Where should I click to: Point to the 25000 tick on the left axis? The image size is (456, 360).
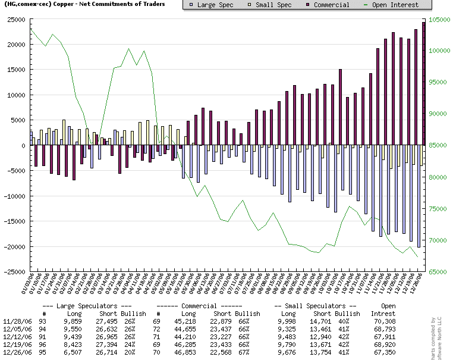12,20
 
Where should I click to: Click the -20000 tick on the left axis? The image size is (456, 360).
12,247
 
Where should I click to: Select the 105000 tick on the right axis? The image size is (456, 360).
441,20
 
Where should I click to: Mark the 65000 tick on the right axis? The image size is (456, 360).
439,272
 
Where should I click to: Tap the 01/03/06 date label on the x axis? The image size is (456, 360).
25,285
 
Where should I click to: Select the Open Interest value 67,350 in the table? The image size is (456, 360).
383,352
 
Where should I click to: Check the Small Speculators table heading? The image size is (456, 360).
316,305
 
